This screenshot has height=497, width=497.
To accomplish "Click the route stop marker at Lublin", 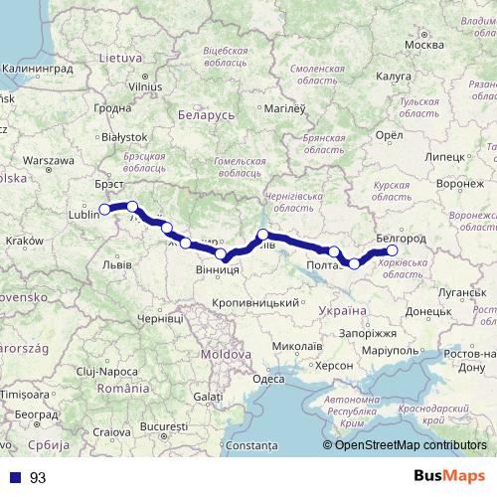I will tap(104, 210).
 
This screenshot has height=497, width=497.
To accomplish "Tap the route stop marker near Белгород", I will tap(392, 250).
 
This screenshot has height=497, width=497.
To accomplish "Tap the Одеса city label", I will tap(268, 378).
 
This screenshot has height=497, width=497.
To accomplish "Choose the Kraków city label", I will tap(24, 241).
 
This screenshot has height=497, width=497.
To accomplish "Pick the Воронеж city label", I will tap(459, 185).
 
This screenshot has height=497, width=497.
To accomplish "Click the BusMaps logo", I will tap(449, 478).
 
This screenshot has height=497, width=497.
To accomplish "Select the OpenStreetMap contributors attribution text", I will tap(411, 445).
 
